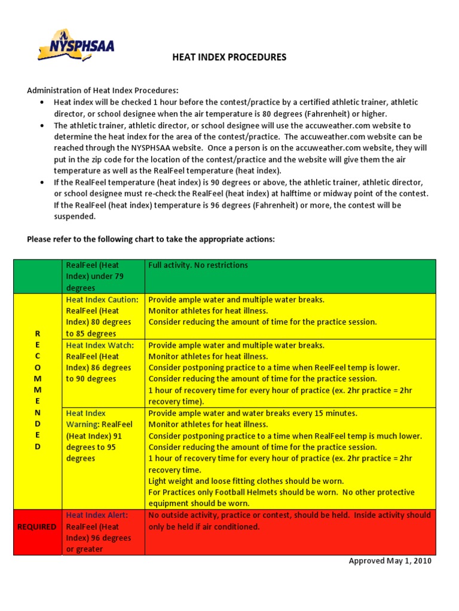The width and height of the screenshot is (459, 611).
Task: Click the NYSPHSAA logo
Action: pos(75,45)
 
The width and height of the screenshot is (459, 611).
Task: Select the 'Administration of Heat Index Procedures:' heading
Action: pos(102,91)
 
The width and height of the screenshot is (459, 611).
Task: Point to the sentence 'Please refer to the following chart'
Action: pos(151,239)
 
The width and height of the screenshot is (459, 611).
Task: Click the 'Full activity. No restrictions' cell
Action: pos(198,265)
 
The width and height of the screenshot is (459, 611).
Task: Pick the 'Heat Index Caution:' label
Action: pos(102,300)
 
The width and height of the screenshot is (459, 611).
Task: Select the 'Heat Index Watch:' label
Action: pos(99,345)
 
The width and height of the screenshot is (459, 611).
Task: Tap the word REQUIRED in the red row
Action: pos(37,527)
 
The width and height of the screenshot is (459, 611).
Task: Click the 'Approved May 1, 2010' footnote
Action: pos(390,561)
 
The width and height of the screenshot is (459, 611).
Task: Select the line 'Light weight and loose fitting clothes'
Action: pos(246,481)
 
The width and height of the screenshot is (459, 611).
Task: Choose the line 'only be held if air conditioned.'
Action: pos(204,527)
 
